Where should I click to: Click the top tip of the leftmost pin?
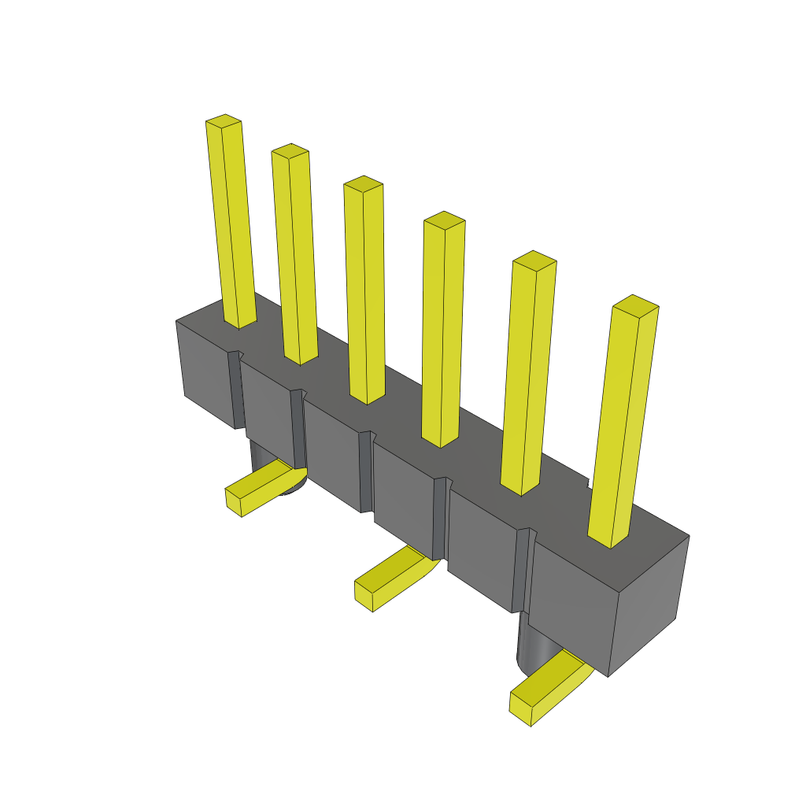pos(223,120)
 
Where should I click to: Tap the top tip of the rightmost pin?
pos(635,302)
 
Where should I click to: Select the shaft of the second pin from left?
pos(294,260)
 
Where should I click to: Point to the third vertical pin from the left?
pos(364,291)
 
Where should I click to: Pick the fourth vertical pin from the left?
pos(442,331)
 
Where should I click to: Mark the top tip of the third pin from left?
pos(363,183)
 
